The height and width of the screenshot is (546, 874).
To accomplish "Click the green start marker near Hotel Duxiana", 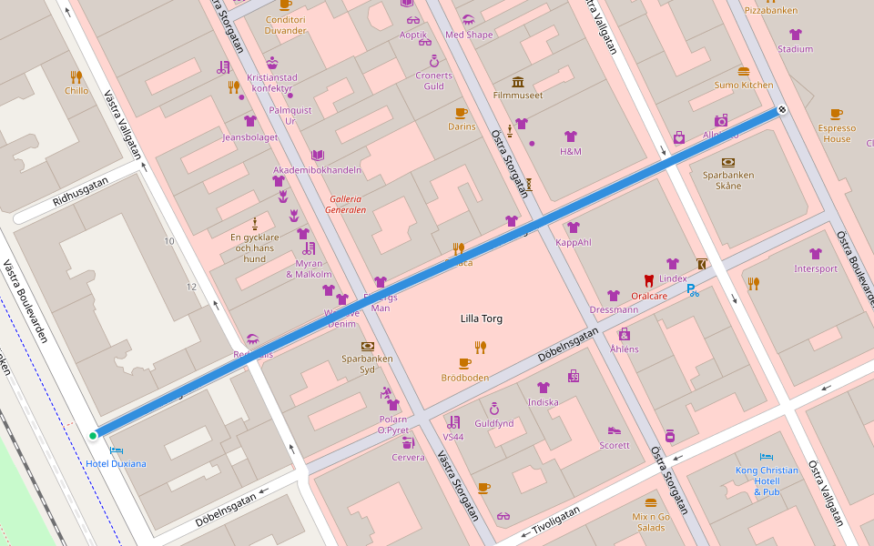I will point(93,436).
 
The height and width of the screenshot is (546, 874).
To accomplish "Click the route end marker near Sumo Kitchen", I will point(781,110).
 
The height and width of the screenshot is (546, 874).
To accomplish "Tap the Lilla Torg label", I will point(481,318).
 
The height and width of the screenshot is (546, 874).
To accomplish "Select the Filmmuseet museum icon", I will point(518,82).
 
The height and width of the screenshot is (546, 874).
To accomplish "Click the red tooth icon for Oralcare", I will point(649,281).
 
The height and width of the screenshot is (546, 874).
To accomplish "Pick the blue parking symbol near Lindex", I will point(693,290).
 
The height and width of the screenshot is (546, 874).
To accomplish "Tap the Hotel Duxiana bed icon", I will point(116,450).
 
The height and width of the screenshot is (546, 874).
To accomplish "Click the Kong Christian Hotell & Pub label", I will point(767,480).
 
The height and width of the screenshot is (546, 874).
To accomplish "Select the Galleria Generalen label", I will point(345,204).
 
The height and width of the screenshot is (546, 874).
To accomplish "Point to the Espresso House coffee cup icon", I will point(837,114).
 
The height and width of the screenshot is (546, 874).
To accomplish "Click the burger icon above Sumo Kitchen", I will point(744,71).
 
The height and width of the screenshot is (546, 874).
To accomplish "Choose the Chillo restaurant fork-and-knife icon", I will point(76,77).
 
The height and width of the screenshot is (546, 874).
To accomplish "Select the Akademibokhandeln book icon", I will point(317,156).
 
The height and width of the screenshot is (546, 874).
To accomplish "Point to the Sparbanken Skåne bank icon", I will point(727,162).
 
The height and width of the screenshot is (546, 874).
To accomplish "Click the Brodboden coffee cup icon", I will point(465,363).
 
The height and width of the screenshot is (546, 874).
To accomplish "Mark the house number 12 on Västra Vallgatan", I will point(191,287).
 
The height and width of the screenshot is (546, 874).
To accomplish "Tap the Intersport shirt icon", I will point(816,254).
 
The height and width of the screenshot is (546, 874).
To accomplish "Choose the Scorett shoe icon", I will point(615,430).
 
